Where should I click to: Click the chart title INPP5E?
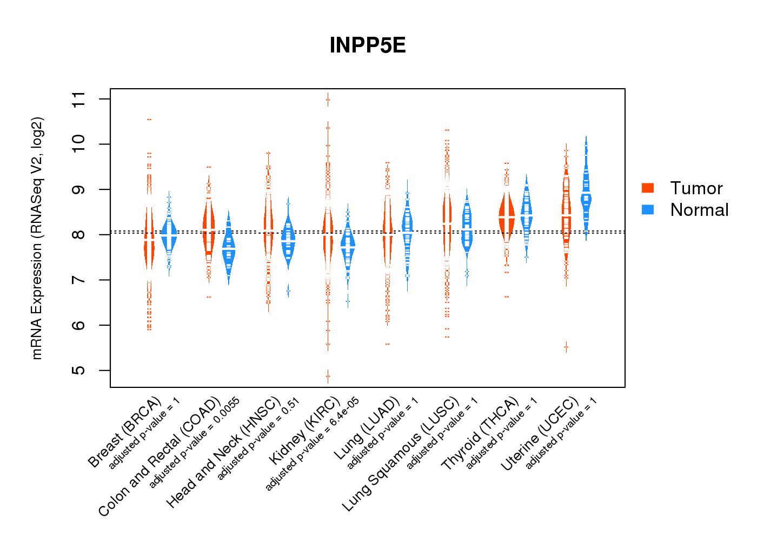point(368,45)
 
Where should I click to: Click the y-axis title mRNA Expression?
point(37,238)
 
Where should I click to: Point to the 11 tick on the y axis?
point(79,99)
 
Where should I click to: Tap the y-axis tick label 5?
point(79,371)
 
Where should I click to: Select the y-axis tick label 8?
point(79,235)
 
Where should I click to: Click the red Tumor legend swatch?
point(648,188)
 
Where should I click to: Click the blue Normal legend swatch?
point(648,209)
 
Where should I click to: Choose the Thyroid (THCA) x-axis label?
point(480,433)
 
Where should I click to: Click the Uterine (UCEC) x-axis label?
point(540,434)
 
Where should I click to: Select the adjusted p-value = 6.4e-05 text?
point(313,444)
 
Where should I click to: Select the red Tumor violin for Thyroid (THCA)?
point(507,216)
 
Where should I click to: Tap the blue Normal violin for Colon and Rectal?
point(229,249)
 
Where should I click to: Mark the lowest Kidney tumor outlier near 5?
point(328,376)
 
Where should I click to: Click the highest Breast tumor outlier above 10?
point(149,119)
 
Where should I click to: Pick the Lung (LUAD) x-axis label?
point(367,428)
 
